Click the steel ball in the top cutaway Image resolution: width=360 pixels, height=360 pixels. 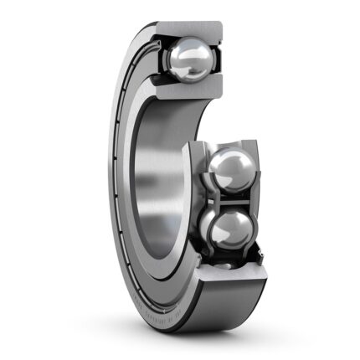pos(190,60)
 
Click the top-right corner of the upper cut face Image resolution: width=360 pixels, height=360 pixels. pos(221,24)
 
